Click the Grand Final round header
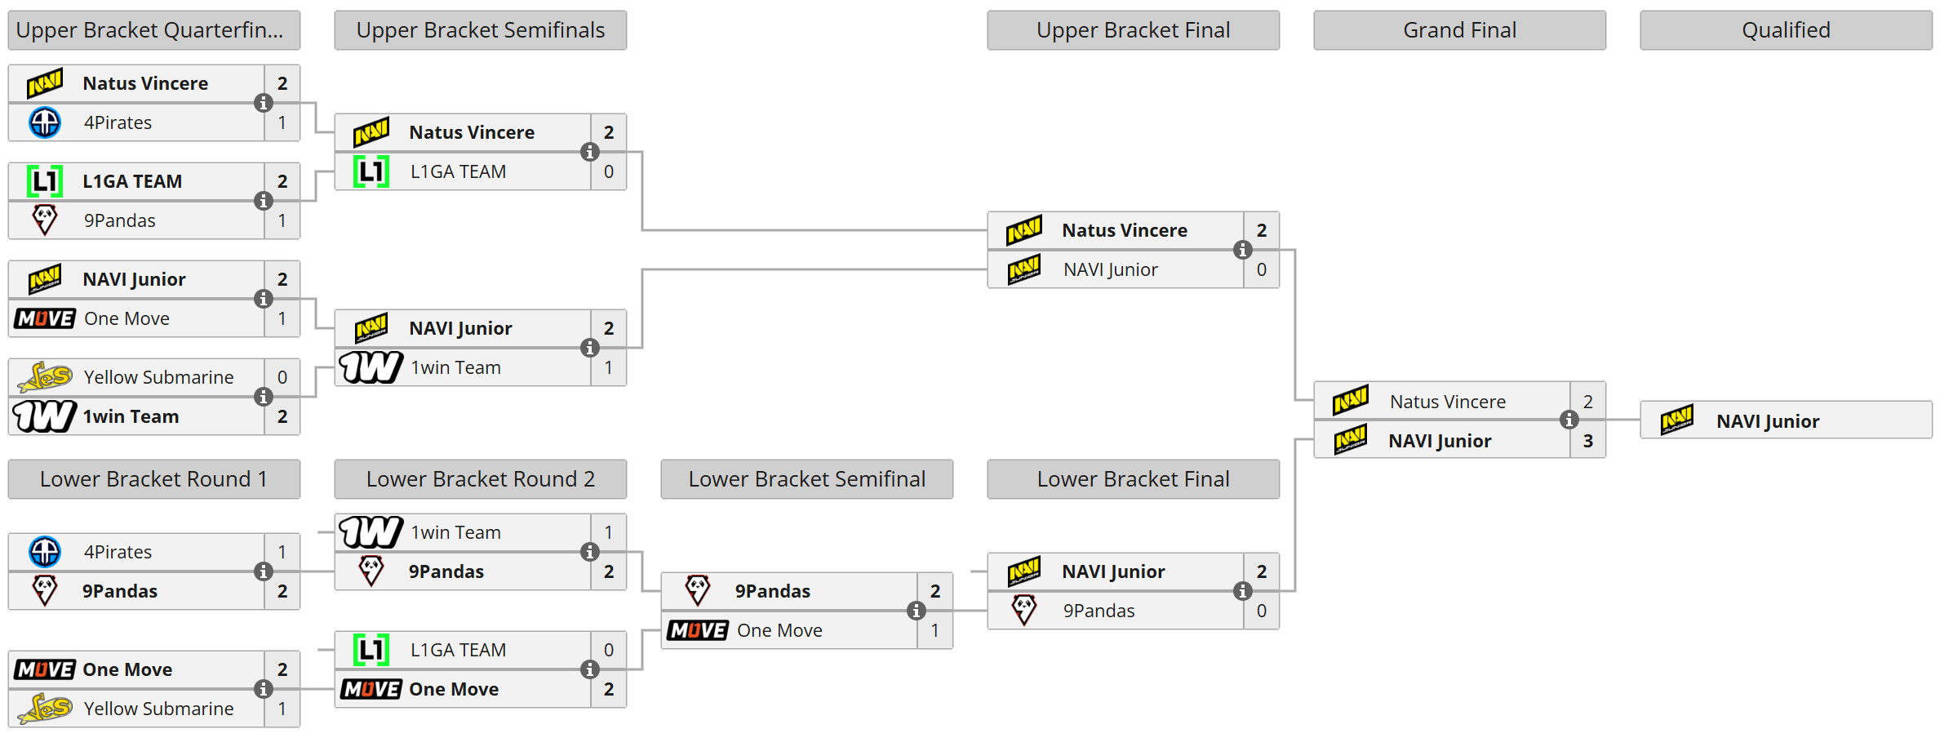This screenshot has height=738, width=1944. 1459,30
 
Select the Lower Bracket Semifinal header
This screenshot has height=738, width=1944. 806,479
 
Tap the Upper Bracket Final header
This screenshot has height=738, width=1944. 1133,30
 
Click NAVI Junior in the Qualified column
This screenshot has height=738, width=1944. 1768,421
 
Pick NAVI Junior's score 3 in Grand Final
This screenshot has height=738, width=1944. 1588,441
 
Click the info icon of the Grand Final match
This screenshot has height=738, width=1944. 1569,420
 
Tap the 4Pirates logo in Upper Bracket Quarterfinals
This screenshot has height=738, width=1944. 45,122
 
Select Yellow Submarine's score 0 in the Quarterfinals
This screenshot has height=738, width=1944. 282,377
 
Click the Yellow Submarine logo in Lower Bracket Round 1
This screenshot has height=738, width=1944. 45,709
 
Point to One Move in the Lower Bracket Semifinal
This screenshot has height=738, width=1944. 779,630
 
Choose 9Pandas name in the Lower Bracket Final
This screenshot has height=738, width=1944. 1098,611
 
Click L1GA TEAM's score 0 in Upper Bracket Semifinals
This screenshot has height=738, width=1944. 609,171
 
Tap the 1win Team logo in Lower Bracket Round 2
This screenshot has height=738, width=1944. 371,532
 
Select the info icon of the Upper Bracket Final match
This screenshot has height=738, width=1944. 1242,250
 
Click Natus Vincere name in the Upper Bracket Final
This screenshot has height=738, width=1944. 1125,230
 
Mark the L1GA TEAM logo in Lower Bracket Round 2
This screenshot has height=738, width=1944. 371,650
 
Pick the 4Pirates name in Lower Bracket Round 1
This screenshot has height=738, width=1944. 118,552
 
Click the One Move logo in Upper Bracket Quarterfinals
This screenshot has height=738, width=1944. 45,318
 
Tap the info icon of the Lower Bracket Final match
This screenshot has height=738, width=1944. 1242,591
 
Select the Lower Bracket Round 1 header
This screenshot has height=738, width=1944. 153,479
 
